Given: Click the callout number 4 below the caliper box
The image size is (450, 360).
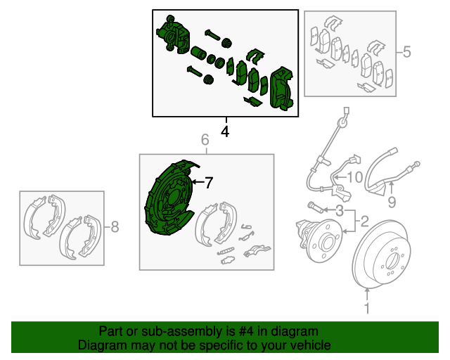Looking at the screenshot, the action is tap(225, 131).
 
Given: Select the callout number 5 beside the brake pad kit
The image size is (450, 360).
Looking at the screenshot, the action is tap(406, 52).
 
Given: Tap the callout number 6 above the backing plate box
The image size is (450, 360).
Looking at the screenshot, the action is tap(205, 140).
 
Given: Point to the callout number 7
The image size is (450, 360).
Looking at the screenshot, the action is tap(209, 183).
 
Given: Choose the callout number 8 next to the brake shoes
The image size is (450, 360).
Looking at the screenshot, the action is tap(115, 227).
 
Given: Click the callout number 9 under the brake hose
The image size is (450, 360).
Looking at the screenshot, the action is tap(392, 202).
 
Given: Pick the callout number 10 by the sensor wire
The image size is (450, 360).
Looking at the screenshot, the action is tap(355, 177).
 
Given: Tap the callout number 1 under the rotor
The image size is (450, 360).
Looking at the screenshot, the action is tap(367, 308).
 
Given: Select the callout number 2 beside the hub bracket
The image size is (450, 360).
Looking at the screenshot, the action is tap(364, 221).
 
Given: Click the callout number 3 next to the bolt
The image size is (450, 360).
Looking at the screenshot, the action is tap(340, 211).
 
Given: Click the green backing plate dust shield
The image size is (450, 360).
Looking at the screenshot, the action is tap(168, 198).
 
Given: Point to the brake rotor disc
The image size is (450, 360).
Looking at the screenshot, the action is tap(381, 255).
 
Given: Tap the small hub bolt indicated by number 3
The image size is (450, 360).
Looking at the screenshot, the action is tap(315, 207).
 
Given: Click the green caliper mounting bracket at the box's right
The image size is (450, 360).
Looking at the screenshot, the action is tap(281, 89).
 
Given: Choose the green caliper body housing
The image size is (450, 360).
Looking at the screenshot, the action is tap(173, 34).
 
